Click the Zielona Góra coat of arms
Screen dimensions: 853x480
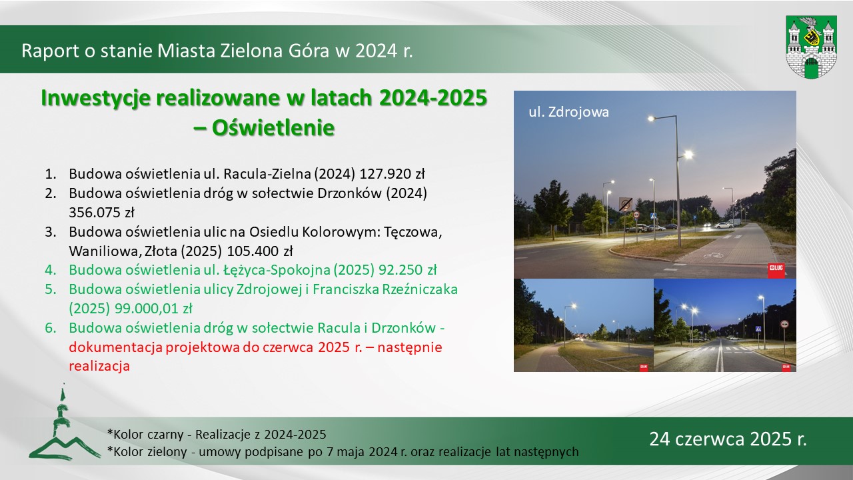(811, 47)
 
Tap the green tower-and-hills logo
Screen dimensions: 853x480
(65, 425)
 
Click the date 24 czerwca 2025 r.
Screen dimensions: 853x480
(728, 439)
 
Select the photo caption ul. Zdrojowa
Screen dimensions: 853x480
(568, 113)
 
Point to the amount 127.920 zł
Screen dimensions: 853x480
(392, 174)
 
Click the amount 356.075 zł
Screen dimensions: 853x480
(101, 213)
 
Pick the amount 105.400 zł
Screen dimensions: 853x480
(260, 251)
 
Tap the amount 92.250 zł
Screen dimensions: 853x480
(407, 270)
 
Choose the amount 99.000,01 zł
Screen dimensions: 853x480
(153, 309)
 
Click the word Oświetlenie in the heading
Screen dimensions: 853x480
(273, 127)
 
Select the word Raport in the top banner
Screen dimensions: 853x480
(50, 51)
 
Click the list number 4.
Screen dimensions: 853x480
(50, 270)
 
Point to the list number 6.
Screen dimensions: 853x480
(50, 328)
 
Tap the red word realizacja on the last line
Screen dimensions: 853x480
(99, 367)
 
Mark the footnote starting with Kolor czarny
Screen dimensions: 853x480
(217, 435)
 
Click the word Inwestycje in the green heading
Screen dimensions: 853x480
(95, 98)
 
